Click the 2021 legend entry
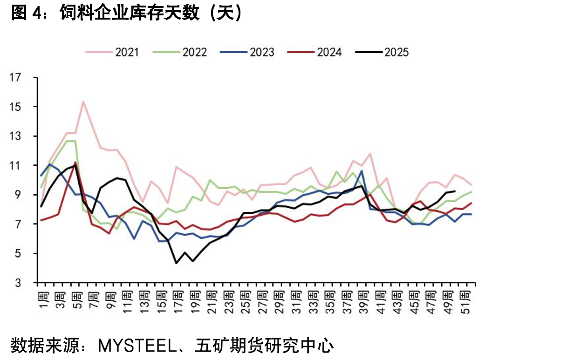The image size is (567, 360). coord(112,52)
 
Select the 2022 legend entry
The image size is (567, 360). coord(180,52)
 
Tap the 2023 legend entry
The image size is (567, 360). coord(247,52)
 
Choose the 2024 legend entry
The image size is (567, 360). coord(314,52)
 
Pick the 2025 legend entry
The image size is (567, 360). coord(382,52)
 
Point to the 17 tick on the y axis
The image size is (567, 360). coord(15,77)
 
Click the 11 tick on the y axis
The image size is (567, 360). coord(15,165)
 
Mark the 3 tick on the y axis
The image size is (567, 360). coord(18,283)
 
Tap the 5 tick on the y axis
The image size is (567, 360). coord(18,253)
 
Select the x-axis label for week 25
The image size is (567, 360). coord(245,303)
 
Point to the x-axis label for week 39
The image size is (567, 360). coord(363,303)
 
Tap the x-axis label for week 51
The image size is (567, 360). coord(465,303)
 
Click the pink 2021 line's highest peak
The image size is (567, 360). coord(83,102)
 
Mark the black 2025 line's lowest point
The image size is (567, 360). coord(176,263)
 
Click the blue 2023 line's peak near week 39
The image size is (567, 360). coord(362,171)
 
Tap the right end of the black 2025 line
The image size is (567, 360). coord(455,191)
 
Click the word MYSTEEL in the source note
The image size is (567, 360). coord(137,346)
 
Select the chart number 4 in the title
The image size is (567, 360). coord(36,13)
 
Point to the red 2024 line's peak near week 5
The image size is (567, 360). coord(75,162)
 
